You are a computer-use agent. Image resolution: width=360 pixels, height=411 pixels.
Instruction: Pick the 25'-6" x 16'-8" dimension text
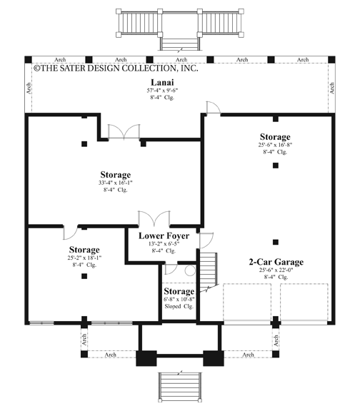[x=275, y=145]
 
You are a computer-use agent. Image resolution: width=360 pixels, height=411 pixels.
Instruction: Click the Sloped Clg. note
[x=179, y=308]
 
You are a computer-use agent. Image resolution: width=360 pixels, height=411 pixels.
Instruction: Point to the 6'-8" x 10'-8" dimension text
[x=179, y=300]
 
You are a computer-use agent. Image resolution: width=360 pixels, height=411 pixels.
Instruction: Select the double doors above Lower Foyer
[x=154, y=218]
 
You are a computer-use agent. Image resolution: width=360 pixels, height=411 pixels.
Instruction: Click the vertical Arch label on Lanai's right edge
[x=332, y=87]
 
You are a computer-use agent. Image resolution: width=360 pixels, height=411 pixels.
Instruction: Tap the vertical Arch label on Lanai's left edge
[x=29, y=87]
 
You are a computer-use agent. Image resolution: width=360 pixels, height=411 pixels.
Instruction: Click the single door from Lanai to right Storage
[x=211, y=108]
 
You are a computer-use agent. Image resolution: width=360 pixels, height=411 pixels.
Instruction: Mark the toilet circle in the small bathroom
[x=189, y=270]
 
